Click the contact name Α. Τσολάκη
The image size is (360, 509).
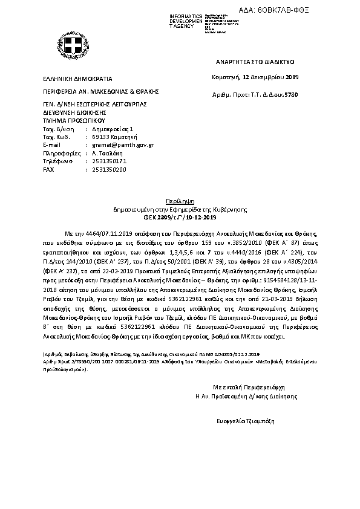coord(106,154)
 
